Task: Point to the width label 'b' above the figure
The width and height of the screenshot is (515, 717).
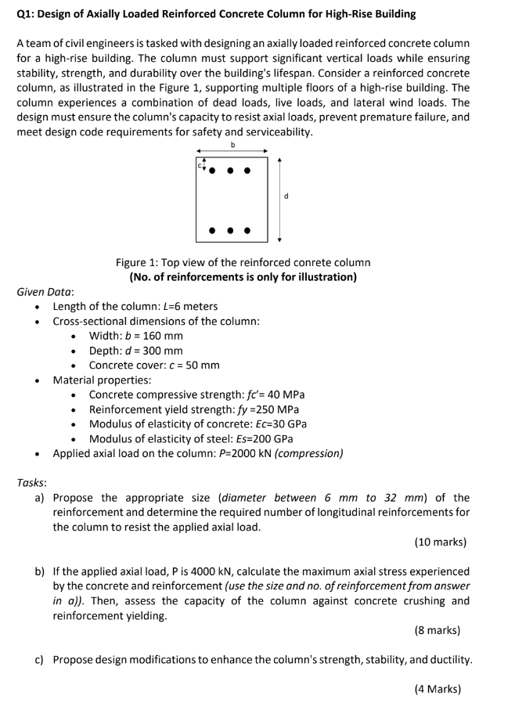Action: tap(232, 145)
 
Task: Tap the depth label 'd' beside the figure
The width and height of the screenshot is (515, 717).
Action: tap(286, 196)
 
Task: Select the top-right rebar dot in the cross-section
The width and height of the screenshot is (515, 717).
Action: tap(248, 170)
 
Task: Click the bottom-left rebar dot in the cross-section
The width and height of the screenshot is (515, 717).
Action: tap(213, 231)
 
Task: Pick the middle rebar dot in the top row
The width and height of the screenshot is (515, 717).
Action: tap(231, 170)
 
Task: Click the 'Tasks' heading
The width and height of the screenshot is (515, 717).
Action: tap(31, 483)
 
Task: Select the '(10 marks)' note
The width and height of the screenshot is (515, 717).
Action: tap(440, 542)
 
